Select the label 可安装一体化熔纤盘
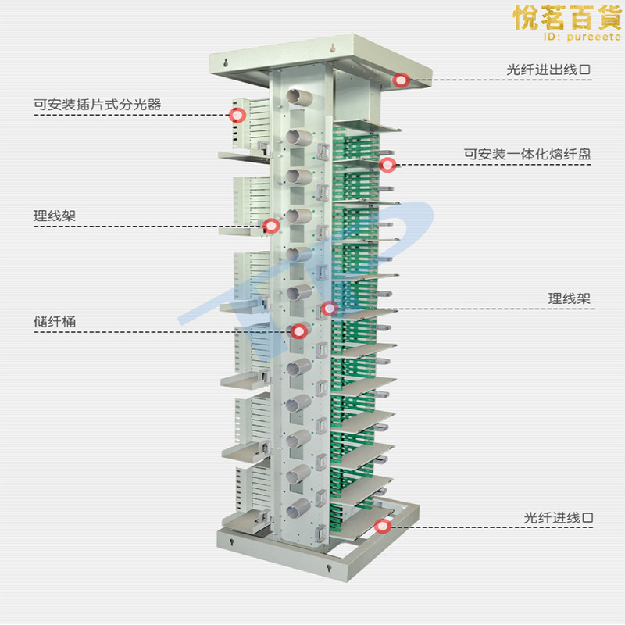[x=527, y=155]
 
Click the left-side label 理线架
[x=54, y=216]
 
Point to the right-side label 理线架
[x=569, y=298]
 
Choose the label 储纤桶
[x=54, y=321]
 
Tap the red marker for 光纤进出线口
[x=402, y=80]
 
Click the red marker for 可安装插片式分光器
[x=237, y=116]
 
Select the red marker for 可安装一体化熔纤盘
[x=387, y=164]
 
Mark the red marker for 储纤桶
[x=298, y=331]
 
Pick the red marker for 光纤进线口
[x=382, y=526]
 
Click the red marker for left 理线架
[x=272, y=226]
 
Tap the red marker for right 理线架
[x=330, y=309]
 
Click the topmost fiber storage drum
[x=297, y=98]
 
